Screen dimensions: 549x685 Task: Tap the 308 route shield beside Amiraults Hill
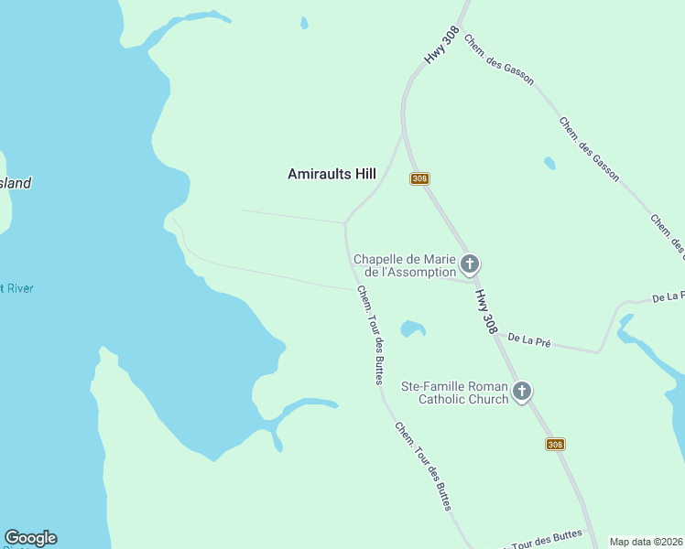tap(419, 178)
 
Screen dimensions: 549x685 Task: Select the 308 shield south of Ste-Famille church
tap(555, 444)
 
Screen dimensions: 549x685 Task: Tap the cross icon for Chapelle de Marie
tap(469, 265)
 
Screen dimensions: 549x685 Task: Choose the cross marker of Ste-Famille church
tap(521, 392)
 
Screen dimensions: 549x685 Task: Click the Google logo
tap(30, 538)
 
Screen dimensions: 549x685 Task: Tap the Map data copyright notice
tap(647, 542)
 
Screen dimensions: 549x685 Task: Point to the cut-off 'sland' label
tap(16, 183)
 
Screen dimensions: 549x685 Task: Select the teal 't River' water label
tap(16, 288)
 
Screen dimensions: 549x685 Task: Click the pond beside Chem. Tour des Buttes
tap(413, 328)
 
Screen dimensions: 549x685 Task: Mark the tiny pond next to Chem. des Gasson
tap(549, 163)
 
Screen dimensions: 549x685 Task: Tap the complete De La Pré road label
tap(529, 340)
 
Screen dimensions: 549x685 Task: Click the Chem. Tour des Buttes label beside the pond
tap(370, 335)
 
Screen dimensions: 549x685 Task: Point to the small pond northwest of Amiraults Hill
tap(303, 23)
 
